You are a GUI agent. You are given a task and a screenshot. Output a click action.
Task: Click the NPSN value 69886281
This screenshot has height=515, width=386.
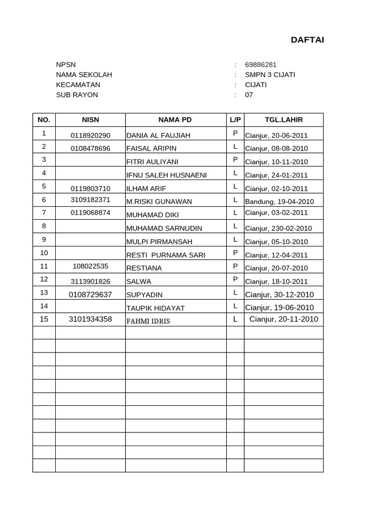(260, 64)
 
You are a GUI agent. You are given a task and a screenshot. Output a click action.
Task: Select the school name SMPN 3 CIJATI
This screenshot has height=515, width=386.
(270, 74)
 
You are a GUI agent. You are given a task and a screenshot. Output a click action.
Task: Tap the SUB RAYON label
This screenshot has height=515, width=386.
(77, 95)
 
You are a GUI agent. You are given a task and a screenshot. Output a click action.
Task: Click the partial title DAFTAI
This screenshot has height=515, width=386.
(307, 40)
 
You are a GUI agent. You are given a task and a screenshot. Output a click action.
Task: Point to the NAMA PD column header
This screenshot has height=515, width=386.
(175, 120)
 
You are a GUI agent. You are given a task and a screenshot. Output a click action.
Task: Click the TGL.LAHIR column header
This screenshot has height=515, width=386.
(283, 120)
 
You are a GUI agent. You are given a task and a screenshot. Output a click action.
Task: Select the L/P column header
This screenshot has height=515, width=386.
(235, 120)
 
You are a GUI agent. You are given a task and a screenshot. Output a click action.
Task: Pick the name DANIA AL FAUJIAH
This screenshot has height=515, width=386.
(158, 135)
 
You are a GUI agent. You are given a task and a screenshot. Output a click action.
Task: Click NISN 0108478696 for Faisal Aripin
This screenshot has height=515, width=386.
(90, 148)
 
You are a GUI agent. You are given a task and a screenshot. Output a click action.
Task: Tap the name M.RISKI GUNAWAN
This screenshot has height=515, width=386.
(159, 202)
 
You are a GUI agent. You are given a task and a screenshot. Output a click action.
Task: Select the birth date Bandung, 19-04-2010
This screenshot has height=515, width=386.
(279, 202)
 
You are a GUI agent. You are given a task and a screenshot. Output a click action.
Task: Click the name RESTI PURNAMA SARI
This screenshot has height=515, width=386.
(166, 255)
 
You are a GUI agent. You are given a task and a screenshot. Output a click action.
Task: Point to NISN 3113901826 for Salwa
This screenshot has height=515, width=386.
(90, 281)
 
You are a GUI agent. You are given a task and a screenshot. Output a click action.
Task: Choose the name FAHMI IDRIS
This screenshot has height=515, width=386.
(148, 321)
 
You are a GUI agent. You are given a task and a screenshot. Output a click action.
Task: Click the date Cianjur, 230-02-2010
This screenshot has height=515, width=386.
(278, 228)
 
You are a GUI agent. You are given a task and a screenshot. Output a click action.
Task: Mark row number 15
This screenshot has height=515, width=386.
(44, 319)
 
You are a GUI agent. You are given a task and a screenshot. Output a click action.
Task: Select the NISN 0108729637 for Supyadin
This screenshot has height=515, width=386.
(90, 294)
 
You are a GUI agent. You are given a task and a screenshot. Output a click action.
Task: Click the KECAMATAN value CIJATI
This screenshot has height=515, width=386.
(256, 84)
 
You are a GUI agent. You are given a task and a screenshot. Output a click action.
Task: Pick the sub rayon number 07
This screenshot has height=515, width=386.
(249, 95)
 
